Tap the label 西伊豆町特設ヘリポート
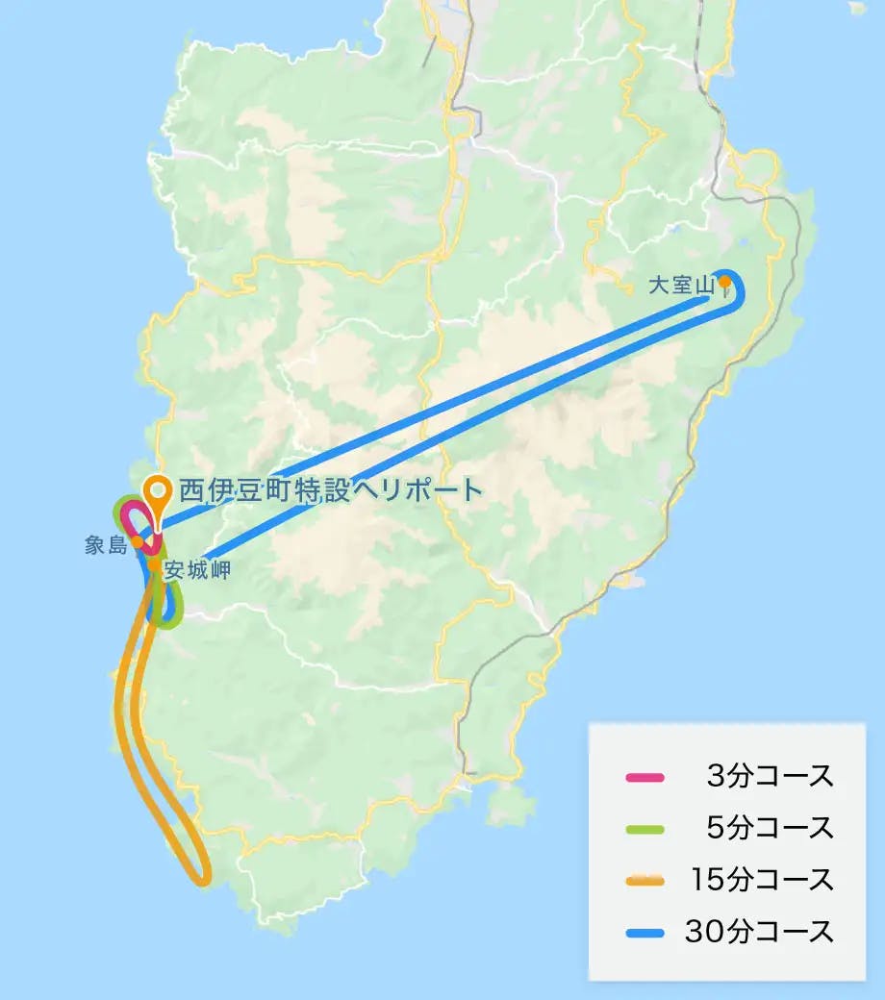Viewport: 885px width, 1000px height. pyautogui.click(x=330, y=490)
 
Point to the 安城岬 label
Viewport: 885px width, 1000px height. pyautogui.click(x=196, y=569)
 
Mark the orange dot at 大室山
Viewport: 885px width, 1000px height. pyautogui.click(x=723, y=282)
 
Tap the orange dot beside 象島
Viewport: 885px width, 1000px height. pyautogui.click(x=138, y=541)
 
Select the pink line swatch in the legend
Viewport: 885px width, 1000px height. pyautogui.click(x=644, y=777)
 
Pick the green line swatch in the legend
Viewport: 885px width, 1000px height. pyautogui.click(x=644, y=828)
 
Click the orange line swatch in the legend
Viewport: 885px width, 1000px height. pyautogui.click(x=644, y=880)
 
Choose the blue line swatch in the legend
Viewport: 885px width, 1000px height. pyautogui.click(x=644, y=932)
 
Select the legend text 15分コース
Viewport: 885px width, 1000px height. pyautogui.click(x=761, y=880)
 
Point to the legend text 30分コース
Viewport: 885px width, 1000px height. pyautogui.click(x=759, y=932)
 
